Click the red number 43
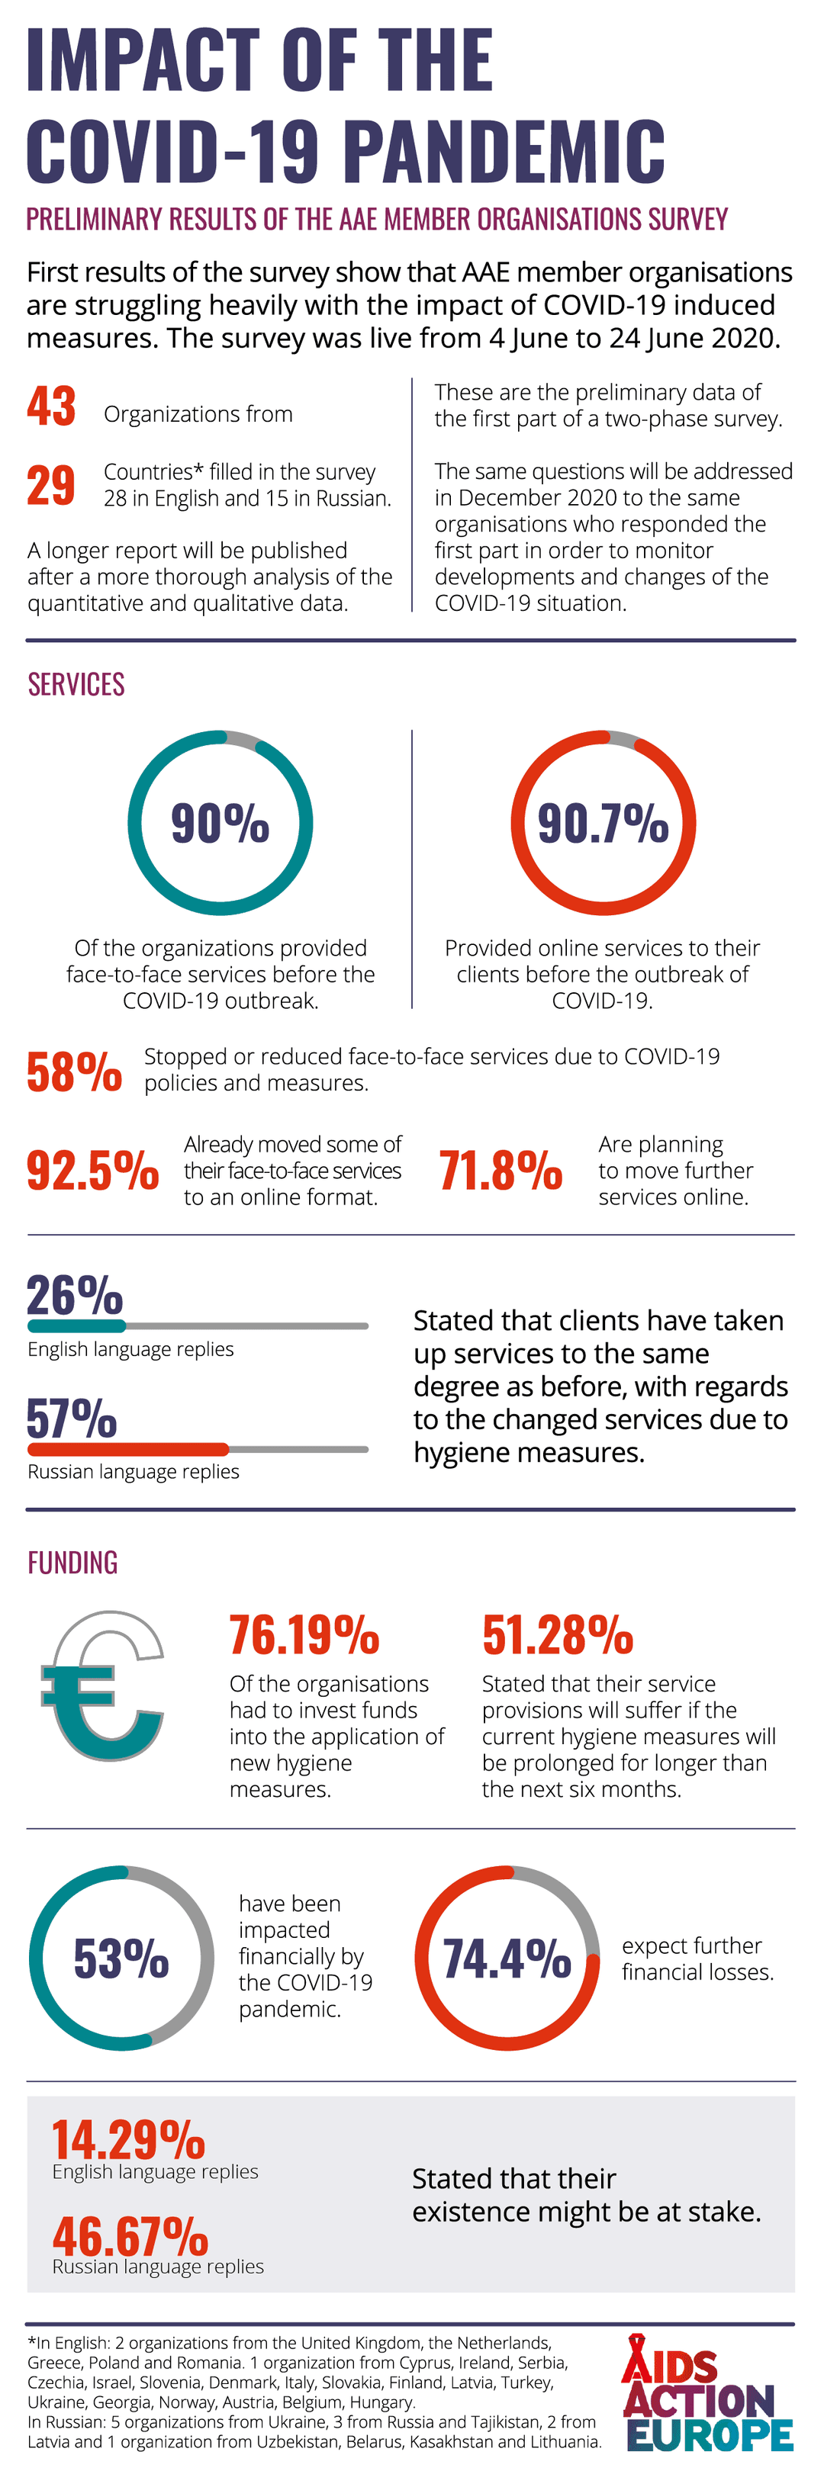coord(51,406)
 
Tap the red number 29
coord(51,485)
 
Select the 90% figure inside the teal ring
coord(220,822)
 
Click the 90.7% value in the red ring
coord(603,822)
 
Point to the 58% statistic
coord(74,1072)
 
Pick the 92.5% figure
coord(92,1170)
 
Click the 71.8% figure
coord(501,1170)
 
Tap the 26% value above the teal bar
coord(75,1295)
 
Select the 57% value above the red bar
coord(72,1418)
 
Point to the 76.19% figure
coord(304,1635)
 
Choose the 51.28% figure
coord(557,1635)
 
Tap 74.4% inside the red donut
coord(507,1958)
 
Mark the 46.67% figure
coord(130,2237)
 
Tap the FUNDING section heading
coord(73,1563)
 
